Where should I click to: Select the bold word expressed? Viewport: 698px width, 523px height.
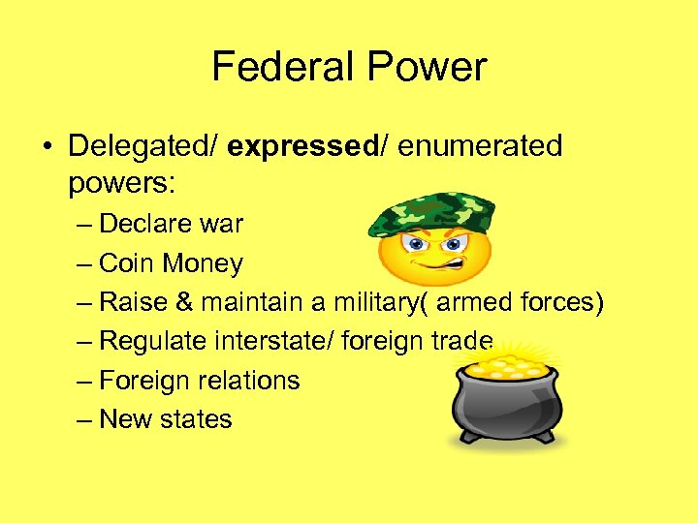coord(302,145)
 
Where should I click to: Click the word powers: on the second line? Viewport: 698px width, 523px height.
coord(115,182)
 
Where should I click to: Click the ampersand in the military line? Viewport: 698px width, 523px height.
coord(184,302)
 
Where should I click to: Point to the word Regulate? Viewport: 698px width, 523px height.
coord(154,341)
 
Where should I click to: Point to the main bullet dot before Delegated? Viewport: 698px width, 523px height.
coord(48,146)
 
